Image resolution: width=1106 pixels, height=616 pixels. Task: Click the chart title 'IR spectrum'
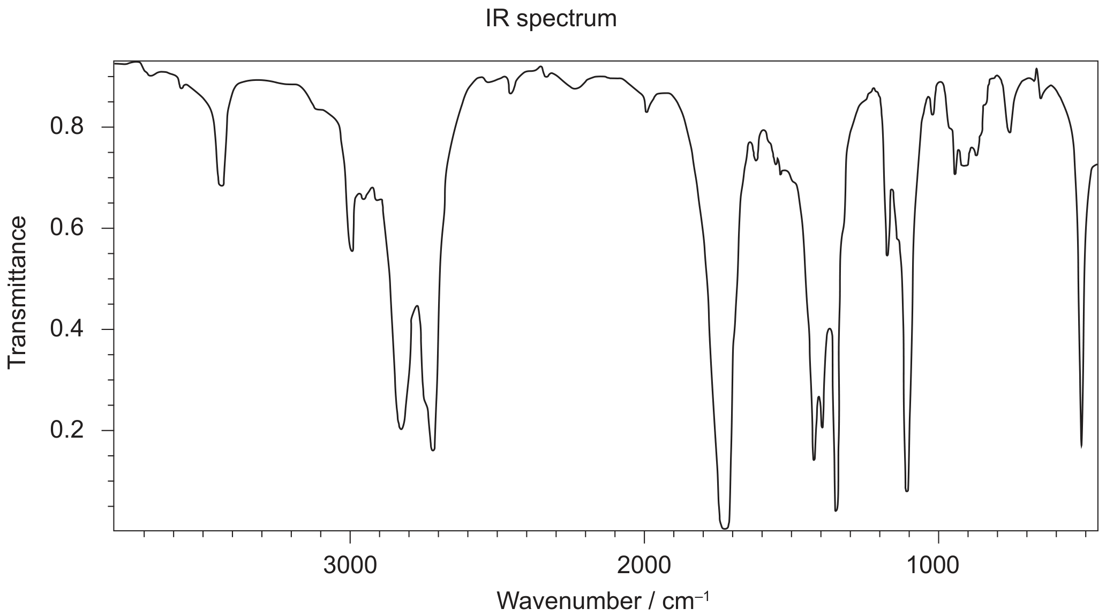551,19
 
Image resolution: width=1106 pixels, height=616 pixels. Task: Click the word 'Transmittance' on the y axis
18,292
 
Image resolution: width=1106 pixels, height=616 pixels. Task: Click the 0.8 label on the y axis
67,127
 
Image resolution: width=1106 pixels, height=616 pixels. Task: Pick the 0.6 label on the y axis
67,228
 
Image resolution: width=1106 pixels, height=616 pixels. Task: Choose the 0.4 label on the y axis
67,329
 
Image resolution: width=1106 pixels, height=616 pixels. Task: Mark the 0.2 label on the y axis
67,430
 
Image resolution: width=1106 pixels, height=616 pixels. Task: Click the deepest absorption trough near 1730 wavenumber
724,528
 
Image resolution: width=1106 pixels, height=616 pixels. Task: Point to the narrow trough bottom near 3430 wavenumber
221,185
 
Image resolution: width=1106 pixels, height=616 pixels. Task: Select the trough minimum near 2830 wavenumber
401,429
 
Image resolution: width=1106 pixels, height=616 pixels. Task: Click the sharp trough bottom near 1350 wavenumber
836,510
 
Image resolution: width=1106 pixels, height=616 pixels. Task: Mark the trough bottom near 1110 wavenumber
907,491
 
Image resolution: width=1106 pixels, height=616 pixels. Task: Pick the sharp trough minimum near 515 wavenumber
1081,446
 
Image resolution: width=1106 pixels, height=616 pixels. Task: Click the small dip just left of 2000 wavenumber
647,112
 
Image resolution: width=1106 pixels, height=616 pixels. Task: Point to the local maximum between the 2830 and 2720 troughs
417,306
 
